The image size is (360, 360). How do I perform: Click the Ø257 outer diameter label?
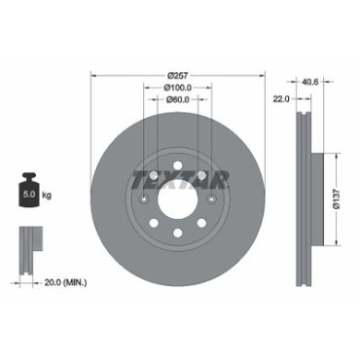pyautogui.click(x=178, y=76)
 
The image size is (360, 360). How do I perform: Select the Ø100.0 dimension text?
pyautogui.click(x=178, y=88)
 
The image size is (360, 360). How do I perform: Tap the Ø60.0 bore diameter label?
pyautogui.click(x=178, y=99)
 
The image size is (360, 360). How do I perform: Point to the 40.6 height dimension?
pyautogui.click(x=309, y=82)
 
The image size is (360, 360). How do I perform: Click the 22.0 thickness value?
pyautogui.click(x=281, y=99)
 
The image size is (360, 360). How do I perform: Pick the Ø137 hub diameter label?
pyautogui.click(x=336, y=199)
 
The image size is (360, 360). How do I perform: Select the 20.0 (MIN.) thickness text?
pyautogui.click(x=65, y=283)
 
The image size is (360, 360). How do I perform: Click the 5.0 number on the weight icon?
pyautogui.click(x=29, y=195)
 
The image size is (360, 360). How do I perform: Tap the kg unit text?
pyautogui.click(x=47, y=196)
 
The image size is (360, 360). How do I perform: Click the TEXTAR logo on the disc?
pyautogui.click(x=181, y=179)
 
